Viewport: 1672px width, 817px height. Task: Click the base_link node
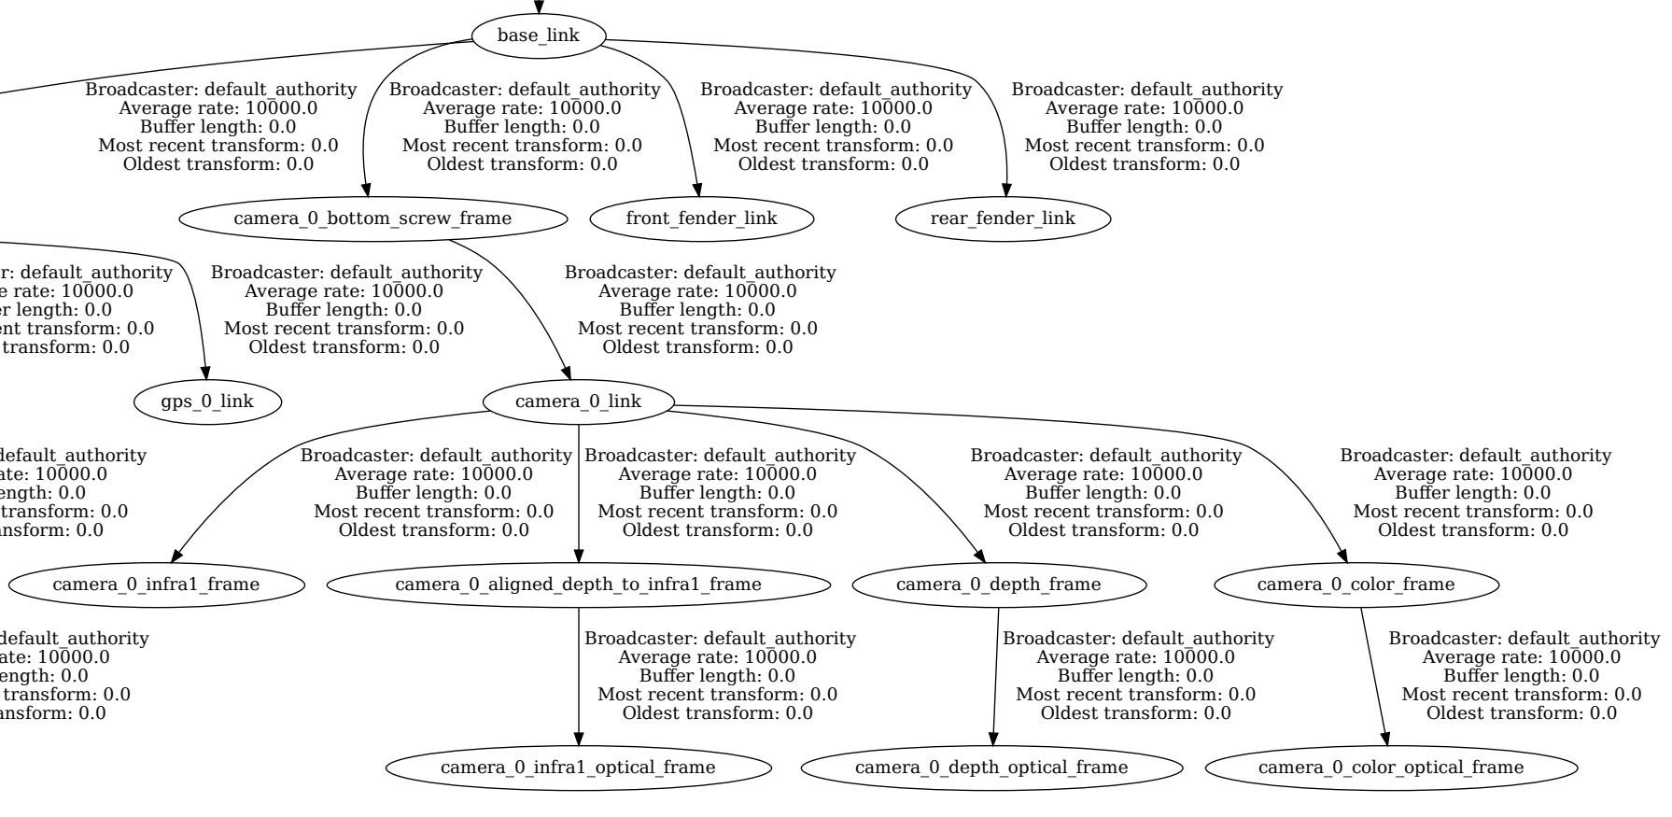[x=539, y=36]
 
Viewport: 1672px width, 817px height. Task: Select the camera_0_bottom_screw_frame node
[x=372, y=218]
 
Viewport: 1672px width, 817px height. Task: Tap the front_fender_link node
[x=702, y=218]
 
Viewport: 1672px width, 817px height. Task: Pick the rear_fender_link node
[x=1003, y=218]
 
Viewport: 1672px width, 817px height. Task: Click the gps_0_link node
[x=207, y=401]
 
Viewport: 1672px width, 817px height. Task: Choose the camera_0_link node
[x=579, y=401]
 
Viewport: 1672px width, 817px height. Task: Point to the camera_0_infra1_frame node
[x=156, y=585]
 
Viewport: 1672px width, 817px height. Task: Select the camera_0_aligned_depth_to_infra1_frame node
[x=579, y=585]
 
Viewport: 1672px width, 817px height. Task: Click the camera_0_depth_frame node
[x=999, y=585]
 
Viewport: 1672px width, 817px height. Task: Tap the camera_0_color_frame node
[x=1356, y=585]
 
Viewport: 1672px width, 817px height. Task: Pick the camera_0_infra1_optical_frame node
[x=579, y=768]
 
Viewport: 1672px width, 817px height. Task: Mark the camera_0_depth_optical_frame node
[x=991, y=768]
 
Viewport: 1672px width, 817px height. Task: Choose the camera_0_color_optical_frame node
[x=1391, y=768]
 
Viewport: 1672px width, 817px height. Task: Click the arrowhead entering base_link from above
[x=539, y=8]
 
